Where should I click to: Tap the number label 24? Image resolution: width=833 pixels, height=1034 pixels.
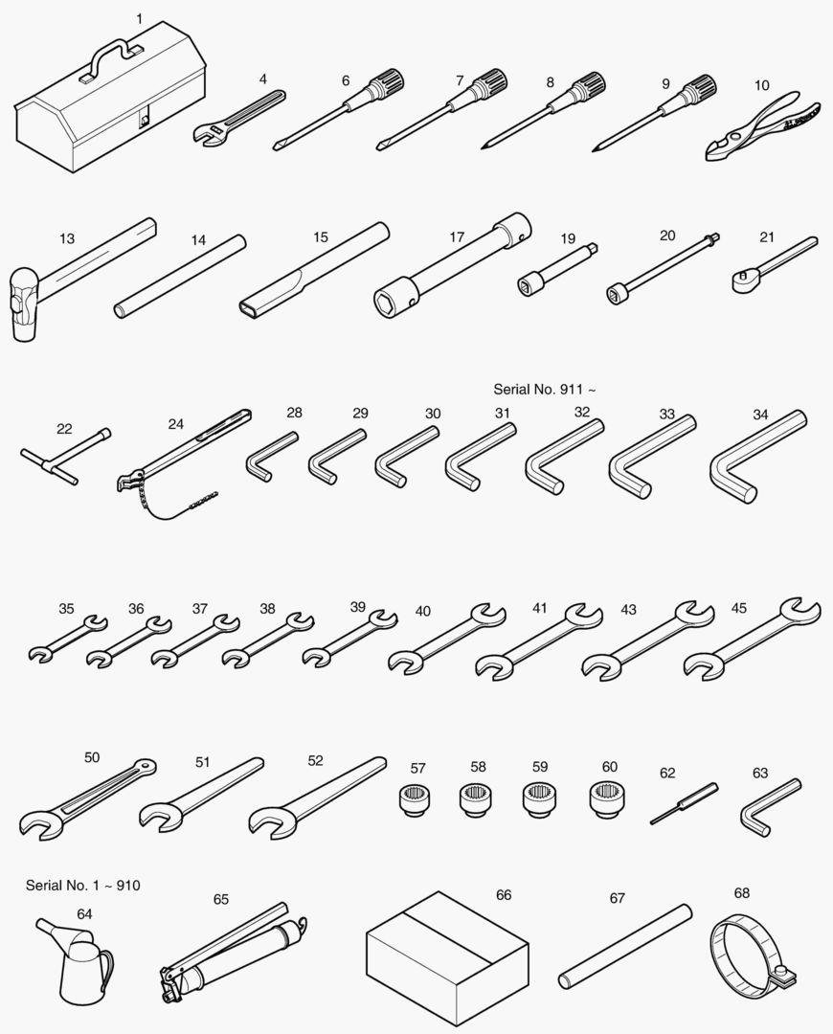tap(175, 424)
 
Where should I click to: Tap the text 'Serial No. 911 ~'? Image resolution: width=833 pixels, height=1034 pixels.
tap(545, 389)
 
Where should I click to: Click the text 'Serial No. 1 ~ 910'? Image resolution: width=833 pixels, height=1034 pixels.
tap(83, 885)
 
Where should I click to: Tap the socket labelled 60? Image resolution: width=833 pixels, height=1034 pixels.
tap(607, 798)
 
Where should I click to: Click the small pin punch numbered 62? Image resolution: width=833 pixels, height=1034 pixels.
tap(684, 803)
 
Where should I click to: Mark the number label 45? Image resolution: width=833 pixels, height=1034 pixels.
tap(738, 608)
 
